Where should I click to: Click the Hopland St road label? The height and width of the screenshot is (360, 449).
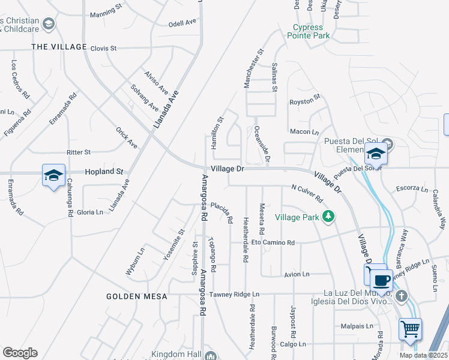(103, 171)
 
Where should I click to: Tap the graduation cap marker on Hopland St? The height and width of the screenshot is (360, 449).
(53, 175)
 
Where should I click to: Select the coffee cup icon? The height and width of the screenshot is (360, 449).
(381, 280)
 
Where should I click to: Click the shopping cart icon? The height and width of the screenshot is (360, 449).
(410, 328)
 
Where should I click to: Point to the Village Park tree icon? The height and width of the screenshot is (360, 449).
(328, 216)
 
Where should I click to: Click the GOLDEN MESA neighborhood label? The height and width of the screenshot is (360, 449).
(131, 296)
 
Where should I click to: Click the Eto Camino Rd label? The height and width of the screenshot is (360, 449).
(273, 242)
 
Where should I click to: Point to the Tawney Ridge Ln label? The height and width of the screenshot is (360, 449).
(234, 294)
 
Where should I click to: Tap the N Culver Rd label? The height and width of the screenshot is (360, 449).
(307, 193)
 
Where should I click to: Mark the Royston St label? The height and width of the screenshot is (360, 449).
(305, 103)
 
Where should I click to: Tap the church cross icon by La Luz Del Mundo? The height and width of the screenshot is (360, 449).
(402, 295)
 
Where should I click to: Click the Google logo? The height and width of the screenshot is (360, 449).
(20, 352)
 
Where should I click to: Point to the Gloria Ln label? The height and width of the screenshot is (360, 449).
(90, 212)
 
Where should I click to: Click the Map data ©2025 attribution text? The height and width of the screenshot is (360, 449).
(423, 355)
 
